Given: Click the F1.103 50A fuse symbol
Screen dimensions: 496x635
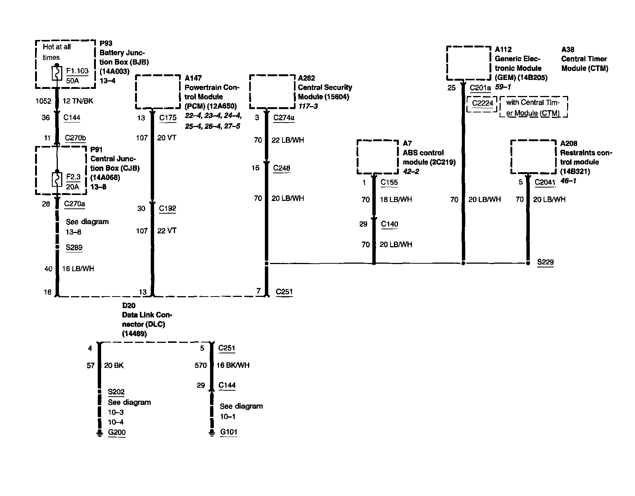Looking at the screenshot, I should tap(57, 74).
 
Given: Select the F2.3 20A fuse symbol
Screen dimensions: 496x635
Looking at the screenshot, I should tap(57, 180).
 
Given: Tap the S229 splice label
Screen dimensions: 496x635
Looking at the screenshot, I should tap(545, 262).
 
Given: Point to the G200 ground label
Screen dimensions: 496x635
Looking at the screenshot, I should tap(117, 433).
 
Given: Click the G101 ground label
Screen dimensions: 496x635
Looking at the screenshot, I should tap(229, 432).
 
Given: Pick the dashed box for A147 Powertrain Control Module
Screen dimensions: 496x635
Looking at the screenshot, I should tap(158, 92).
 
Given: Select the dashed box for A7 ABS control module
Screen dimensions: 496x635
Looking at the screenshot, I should tap(378, 156).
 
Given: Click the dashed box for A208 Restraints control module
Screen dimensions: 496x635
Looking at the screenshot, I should tap(533, 156).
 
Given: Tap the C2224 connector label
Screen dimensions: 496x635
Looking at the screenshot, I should tap(482, 103).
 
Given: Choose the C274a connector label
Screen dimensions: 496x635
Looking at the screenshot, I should tap(284, 118).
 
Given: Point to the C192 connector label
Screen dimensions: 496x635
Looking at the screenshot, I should tap(168, 208).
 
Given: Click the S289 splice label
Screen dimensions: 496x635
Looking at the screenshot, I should tap(74, 247).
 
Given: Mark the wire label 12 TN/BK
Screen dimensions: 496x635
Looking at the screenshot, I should tap(78, 101).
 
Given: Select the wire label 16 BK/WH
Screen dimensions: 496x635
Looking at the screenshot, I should tap(233, 365).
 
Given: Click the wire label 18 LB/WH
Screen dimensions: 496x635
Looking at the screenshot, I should tap(395, 199).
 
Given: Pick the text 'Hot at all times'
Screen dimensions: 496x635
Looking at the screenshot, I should tap(57, 52).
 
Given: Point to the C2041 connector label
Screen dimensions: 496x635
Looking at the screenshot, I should tap(545, 182).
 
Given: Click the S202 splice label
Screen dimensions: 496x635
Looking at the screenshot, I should tap(116, 392).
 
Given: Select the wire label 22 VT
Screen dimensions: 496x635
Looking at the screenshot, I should tap(167, 231).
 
